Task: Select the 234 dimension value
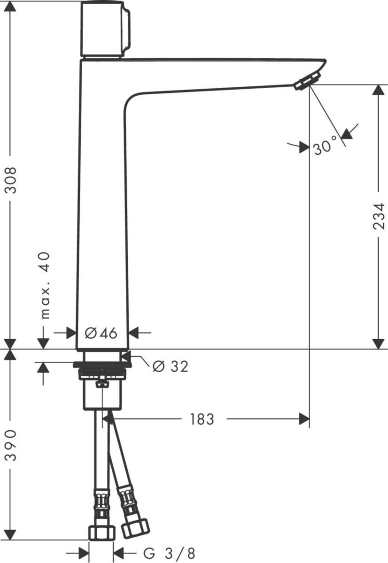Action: click(x=379, y=216)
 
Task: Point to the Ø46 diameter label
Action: click(x=101, y=333)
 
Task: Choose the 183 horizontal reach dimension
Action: click(x=202, y=419)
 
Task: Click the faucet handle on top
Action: click(x=104, y=29)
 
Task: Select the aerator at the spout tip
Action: click(x=308, y=81)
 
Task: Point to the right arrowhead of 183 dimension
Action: click(x=304, y=419)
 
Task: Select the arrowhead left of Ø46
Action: click(x=71, y=333)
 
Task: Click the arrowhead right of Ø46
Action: click(x=133, y=333)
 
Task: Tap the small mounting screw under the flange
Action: click(x=102, y=385)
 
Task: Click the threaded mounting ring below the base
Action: click(x=102, y=374)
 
